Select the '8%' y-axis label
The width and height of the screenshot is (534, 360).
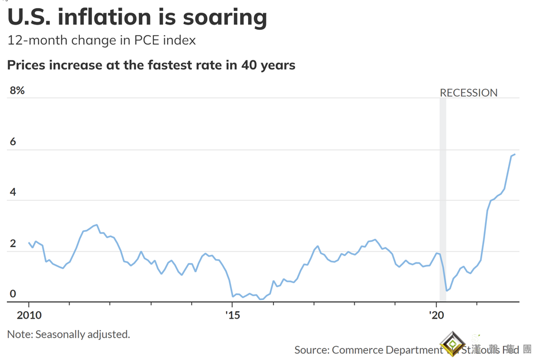point(17,90)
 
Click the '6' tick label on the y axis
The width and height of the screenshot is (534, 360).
point(12,142)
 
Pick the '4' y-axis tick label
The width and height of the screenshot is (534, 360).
point(12,192)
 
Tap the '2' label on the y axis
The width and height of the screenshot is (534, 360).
point(12,243)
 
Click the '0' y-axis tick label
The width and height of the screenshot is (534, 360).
point(12,294)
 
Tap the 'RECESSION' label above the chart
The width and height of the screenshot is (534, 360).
point(469,93)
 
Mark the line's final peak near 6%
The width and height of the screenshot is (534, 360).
point(515,154)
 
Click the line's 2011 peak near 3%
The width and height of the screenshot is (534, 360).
point(96,225)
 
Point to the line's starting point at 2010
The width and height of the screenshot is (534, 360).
point(29,243)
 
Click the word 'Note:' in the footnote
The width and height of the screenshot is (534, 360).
point(20,334)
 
